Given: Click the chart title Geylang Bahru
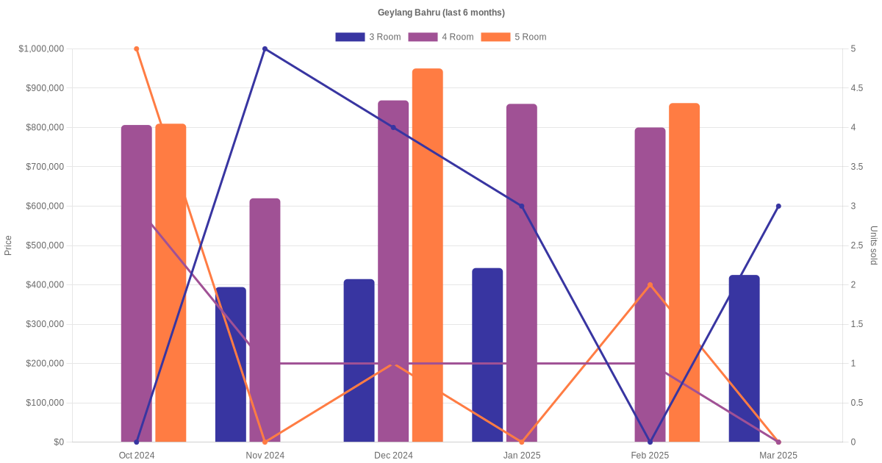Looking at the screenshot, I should point(441,12).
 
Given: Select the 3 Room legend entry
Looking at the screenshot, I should point(367,37).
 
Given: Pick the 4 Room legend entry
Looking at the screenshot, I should point(440,37).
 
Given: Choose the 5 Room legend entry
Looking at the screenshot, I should point(513,37).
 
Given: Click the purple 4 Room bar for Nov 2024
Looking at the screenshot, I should point(265,320).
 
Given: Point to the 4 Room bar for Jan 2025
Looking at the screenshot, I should point(522,273).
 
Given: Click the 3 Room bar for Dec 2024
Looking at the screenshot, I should point(359,360).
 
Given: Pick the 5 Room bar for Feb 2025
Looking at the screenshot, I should point(684,273).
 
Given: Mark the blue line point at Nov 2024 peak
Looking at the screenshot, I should point(265,49).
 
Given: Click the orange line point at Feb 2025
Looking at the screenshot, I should point(650,285).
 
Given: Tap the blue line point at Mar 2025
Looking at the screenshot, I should point(778,207).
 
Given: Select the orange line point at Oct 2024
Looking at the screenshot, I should point(137,49).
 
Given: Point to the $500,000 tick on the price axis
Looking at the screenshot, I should point(42,245).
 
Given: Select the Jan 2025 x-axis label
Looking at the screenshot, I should point(522,456).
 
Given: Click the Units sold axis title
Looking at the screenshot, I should point(873,245).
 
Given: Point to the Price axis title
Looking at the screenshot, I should point(8,245).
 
